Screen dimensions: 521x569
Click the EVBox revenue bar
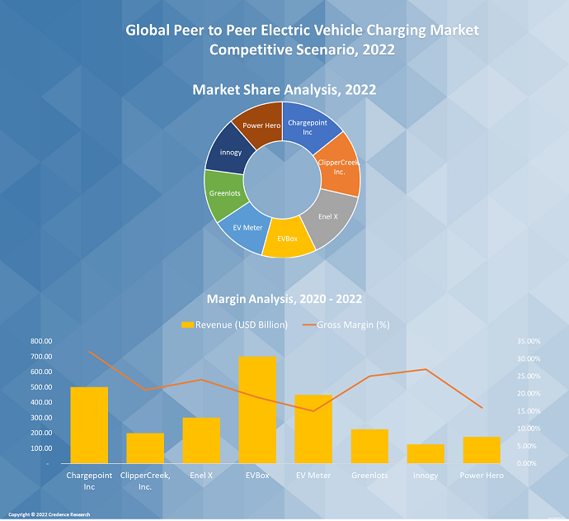[x=257, y=410]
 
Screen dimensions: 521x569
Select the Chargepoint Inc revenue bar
[x=89, y=424]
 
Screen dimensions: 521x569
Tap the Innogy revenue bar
[x=426, y=453]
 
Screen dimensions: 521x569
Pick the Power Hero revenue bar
[x=482, y=450]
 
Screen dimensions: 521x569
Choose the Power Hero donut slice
[x=258, y=125]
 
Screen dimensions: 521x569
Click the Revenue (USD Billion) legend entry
[x=234, y=324]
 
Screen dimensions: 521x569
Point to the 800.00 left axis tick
[x=40, y=341]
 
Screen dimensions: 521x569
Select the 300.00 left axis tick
[x=40, y=418]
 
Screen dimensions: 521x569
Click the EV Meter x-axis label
[x=313, y=476]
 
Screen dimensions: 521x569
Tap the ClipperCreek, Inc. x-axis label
[x=145, y=481]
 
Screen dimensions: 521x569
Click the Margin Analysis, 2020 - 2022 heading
[x=284, y=299]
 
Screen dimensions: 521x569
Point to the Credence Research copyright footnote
[x=49, y=514]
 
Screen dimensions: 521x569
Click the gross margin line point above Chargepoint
[x=89, y=353]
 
